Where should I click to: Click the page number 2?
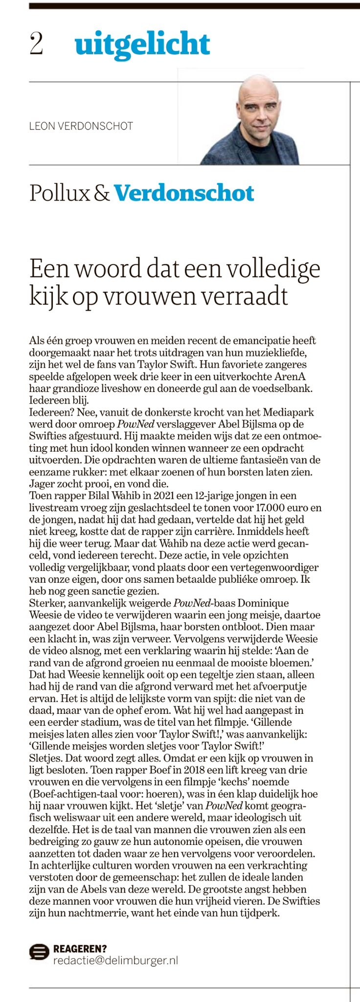pyautogui.click(x=36, y=44)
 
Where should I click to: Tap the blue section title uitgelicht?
pyautogui.click(x=142, y=45)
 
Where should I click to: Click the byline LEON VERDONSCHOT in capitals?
pyautogui.click(x=81, y=126)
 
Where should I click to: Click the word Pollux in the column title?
pyautogui.click(x=59, y=193)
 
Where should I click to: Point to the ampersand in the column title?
pyautogui.click(x=102, y=193)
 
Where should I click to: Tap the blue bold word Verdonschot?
pyautogui.click(x=184, y=193)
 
